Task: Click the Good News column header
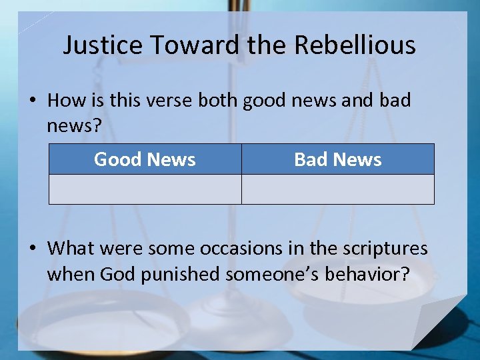tap(145, 159)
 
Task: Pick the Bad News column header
tap(337, 159)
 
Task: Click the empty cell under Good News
tap(145, 189)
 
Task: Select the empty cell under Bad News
tap(337, 189)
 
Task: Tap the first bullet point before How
tap(33, 101)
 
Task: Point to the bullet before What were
tap(33, 249)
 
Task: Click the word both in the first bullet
tap(217, 101)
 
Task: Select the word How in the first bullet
tap(63, 101)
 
